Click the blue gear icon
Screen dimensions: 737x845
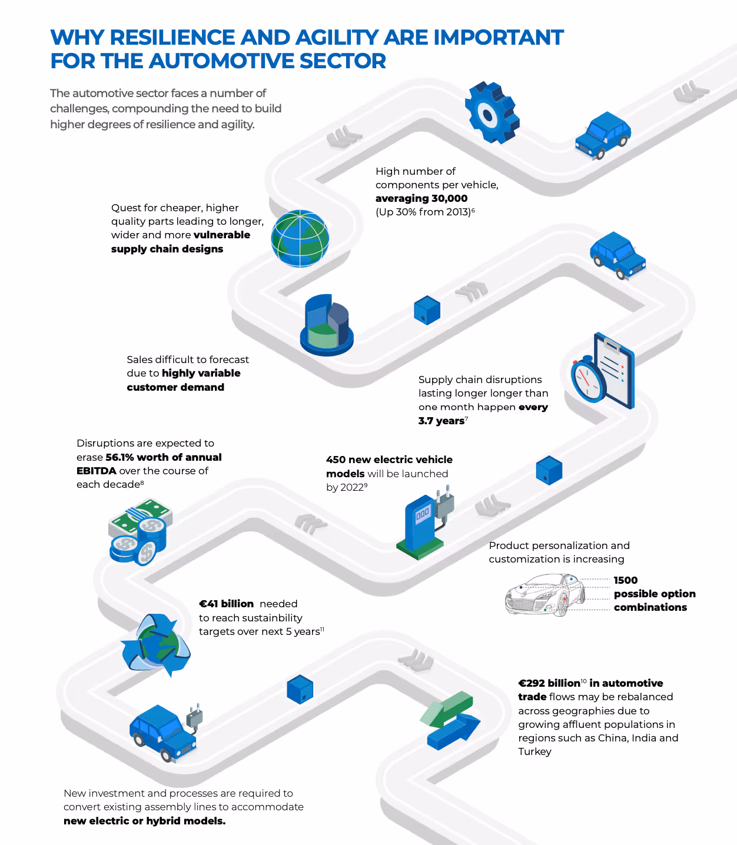click(x=492, y=112)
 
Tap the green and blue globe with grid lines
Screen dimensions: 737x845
click(x=300, y=239)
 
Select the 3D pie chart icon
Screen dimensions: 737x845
click(x=327, y=325)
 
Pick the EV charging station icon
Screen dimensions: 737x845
click(x=426, y=523)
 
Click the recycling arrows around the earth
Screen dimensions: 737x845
click(x=156, y=644)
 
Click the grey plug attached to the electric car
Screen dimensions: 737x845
click(x=195, y=717)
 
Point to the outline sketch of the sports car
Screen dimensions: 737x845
click(x=545, y=595)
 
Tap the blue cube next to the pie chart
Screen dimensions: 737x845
click(x=427, y=310)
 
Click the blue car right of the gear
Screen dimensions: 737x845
click(x=603, y=135)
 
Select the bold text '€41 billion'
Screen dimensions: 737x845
click(x=226, y=604)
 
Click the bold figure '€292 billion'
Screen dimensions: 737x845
click(x=549, y=683)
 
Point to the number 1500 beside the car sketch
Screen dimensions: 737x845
click(x=626, y=580)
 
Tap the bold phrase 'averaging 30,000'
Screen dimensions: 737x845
click(x=421, y=198)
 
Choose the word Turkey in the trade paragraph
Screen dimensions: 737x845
click(x=535, y=751)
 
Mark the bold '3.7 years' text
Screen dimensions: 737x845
click(x=441, y=421)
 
